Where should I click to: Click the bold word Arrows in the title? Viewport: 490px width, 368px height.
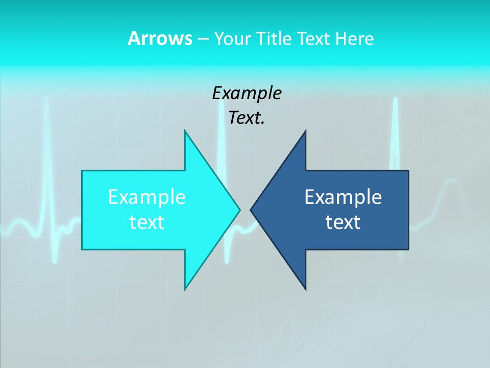pos(159,38)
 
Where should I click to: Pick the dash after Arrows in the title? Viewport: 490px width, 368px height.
pos(203,39)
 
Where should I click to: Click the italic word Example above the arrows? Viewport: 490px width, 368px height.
pos(247,93)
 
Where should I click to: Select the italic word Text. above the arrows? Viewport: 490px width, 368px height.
pos(247,118)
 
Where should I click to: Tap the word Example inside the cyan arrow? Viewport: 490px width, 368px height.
pos(147,197)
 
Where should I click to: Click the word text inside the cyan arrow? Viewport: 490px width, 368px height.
pos(147,222)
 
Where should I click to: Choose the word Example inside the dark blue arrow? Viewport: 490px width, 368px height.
pos(343,197)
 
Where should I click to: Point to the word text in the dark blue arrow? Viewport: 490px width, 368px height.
pos(343,222)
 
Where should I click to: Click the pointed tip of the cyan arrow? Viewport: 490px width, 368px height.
pos(240,210)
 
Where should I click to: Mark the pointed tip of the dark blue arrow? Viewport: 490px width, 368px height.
pos(251,210)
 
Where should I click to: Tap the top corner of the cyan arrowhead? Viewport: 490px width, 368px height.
pos(185,131)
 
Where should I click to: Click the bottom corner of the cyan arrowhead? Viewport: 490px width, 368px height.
pos(185,289)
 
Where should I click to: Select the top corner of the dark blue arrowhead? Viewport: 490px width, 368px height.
pos(306,131)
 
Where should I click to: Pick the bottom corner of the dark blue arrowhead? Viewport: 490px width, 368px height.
pos(306,289)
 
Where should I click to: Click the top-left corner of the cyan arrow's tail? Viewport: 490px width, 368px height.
pos(82,171)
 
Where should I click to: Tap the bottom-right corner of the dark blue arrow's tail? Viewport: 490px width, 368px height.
pos(408,249)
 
